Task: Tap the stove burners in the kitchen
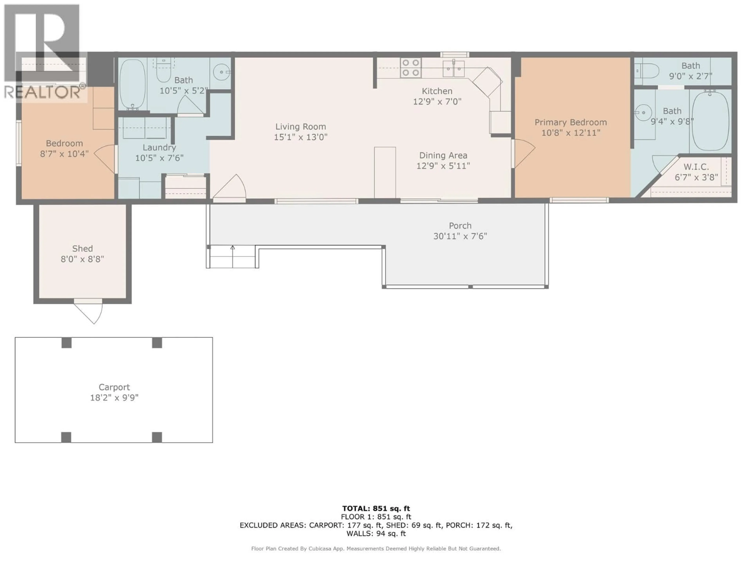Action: click(x=411, y=68)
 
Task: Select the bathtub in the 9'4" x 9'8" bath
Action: click(x=710, y=121)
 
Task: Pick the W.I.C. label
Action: click(x=696, y=167)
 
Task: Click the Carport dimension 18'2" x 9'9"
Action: click(x=114, y=397)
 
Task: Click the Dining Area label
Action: click(x=443, y=155)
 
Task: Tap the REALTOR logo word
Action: click(x=42, y=92)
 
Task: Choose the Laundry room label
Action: click(x=159, y=147)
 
